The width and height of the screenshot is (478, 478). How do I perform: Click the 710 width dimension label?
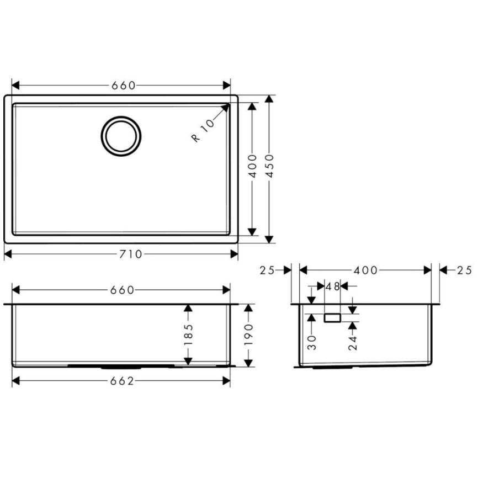point(131,254)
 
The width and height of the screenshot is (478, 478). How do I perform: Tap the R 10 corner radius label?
point(203,131)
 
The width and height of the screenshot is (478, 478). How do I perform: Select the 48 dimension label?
point(333,286)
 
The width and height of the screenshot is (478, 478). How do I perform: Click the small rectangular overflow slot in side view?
point(333,317)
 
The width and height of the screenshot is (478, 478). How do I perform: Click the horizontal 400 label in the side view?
point(365,270)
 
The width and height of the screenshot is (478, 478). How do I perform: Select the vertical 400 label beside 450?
point(252,166)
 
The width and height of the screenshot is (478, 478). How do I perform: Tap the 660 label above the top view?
point(123,86)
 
